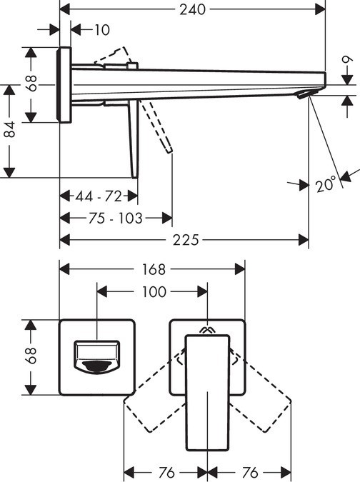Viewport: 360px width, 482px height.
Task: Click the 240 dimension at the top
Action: pyautogui.click(x=193, y=9)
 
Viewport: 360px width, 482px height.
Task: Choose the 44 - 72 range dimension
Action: pyautogui.click(x=99, y=196)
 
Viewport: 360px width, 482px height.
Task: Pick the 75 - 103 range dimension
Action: pyautogui.click(x=116, y=218)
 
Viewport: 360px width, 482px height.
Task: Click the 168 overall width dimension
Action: pyautogui.click(x=152, y=269)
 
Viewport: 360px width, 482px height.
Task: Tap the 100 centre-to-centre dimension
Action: pyautogui.click(x=152, y=291)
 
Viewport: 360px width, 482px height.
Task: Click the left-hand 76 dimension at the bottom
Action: pyautogui.click(x=166, y=472)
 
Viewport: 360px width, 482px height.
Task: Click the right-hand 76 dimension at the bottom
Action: pyautogui.click(x=249, y=472)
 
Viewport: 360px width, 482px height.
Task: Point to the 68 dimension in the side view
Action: pyautogui.click(x=31, y=84)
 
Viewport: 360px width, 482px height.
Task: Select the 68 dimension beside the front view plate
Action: pyautogui.click(x=31, y=356)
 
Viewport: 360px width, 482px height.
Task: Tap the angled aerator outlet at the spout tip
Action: pyautogui.click(x=306, y=94)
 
